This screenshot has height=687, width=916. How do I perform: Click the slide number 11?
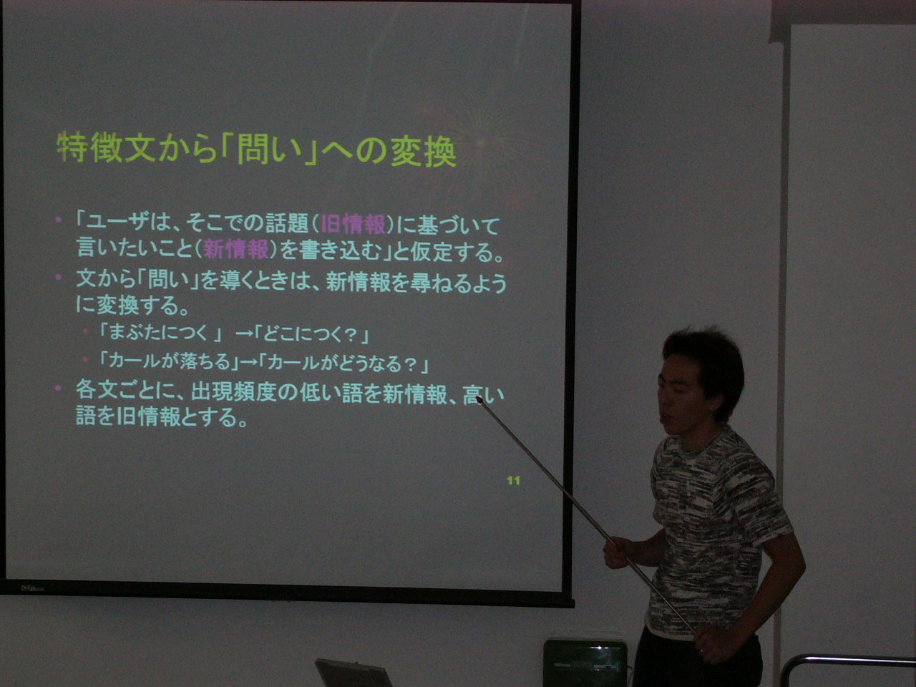pos(514,481)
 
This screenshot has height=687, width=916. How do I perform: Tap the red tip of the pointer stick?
pos(479,399)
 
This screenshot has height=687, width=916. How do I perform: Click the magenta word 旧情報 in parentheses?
pos(353,225)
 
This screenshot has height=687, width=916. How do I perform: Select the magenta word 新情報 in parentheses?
pos(236,250)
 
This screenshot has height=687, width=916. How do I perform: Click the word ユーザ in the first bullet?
pos(117,225)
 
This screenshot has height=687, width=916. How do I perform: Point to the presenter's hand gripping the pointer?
pos(617,552)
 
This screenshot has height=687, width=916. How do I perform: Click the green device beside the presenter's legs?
pos(585,663)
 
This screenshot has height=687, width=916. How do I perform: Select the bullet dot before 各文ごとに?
pos(58,389)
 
